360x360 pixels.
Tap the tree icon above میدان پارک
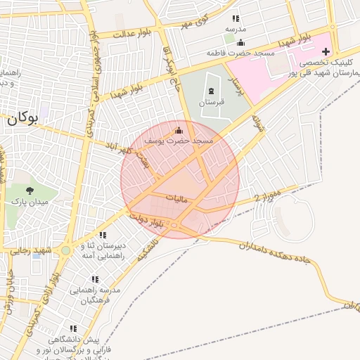coord(29,190)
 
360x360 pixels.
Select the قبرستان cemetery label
coord(211,103)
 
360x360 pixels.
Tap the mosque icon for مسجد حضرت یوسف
coord(178,130)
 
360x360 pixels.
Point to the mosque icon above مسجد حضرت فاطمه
coord(240,42)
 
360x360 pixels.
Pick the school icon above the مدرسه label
coord(236,18)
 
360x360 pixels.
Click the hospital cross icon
coord(326,51)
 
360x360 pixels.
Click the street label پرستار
coord(237,86)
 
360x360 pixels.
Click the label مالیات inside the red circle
coord(176,199)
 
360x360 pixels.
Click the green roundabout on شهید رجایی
coord(65,250)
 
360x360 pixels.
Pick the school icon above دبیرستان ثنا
coord(103,235)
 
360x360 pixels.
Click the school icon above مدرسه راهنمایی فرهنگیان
coord(95,279)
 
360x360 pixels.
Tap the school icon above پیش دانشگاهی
coord(72,328)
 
